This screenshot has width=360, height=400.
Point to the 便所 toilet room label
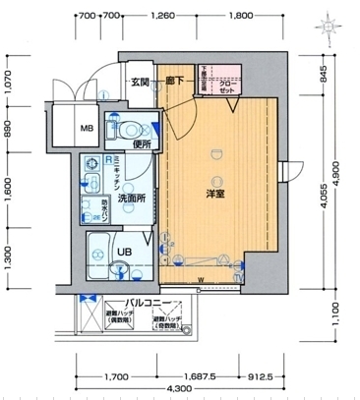pos(143,144)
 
